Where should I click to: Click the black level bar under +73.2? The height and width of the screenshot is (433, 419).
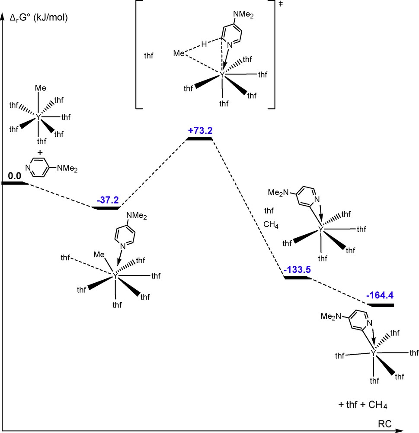click(x=199, y=139)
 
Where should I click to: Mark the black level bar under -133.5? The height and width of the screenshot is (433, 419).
click(x=297, y=277)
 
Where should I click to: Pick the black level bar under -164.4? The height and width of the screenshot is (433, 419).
click(x=380, y=305)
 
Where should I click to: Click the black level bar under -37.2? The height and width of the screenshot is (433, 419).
click(x=106, y=208)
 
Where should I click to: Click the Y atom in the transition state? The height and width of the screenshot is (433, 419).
click(x=223, y=75)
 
